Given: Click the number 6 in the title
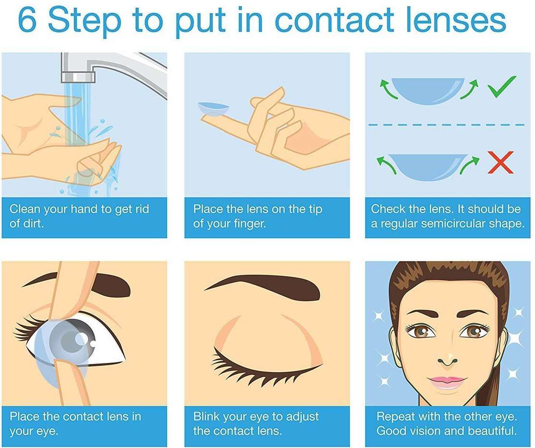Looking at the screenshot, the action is [27, 20].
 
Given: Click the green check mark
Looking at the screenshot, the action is [501, 86].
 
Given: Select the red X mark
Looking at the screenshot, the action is [500, 162].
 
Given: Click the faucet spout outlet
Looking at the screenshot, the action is [78, 77].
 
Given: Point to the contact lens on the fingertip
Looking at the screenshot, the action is [214, 109].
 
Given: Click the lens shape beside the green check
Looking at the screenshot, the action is [428, 90].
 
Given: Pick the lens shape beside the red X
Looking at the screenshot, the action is [428, 167].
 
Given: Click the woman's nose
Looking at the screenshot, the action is [447, 358].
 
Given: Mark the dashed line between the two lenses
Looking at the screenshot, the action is [447, 125].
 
